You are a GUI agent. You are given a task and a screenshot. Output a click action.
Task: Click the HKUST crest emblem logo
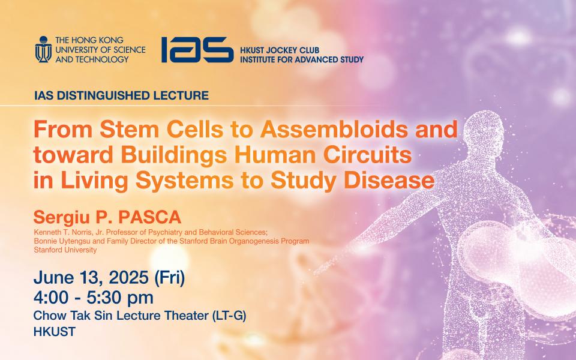43,49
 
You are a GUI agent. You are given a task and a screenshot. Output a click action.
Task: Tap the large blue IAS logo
197,50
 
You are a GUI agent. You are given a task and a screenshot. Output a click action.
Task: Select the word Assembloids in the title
334,130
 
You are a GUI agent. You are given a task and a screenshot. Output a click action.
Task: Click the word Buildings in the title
174,155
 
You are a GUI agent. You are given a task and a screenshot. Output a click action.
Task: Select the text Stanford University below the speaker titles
65,250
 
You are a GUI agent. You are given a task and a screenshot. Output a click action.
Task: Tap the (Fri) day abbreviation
169,278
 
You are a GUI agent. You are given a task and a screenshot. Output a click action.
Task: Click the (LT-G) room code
229,316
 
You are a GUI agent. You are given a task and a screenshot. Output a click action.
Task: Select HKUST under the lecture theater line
55,332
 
